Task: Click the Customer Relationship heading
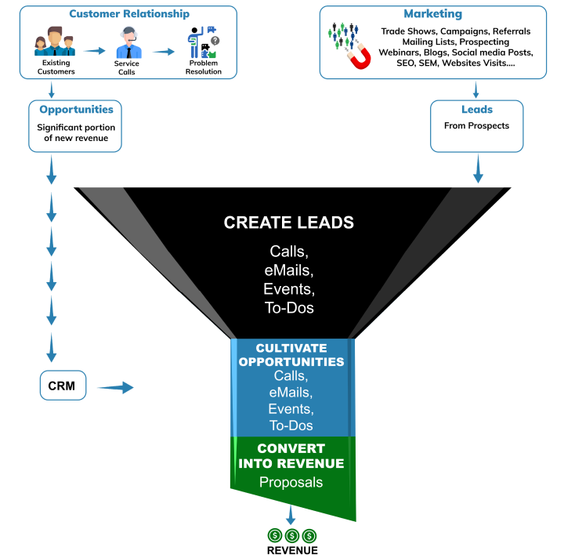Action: point(128,14)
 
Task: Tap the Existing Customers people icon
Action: point(55,44)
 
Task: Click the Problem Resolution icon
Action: point(202,43)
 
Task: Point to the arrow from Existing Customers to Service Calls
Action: point(94,50)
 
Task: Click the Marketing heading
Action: point(432,14)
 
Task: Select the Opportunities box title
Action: point(77,110)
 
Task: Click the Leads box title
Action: point(477,110)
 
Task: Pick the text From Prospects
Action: point(477,125)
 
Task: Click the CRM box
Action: point(62,386)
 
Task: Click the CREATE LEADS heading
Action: point(288,223)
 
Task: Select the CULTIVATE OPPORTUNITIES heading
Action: point(291,355)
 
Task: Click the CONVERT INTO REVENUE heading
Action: point(291,456)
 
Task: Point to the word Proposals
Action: point(291,482)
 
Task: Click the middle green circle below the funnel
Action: point(291,536)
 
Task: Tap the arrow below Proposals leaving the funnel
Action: point(291,514)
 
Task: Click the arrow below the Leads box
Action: point(477,168)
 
